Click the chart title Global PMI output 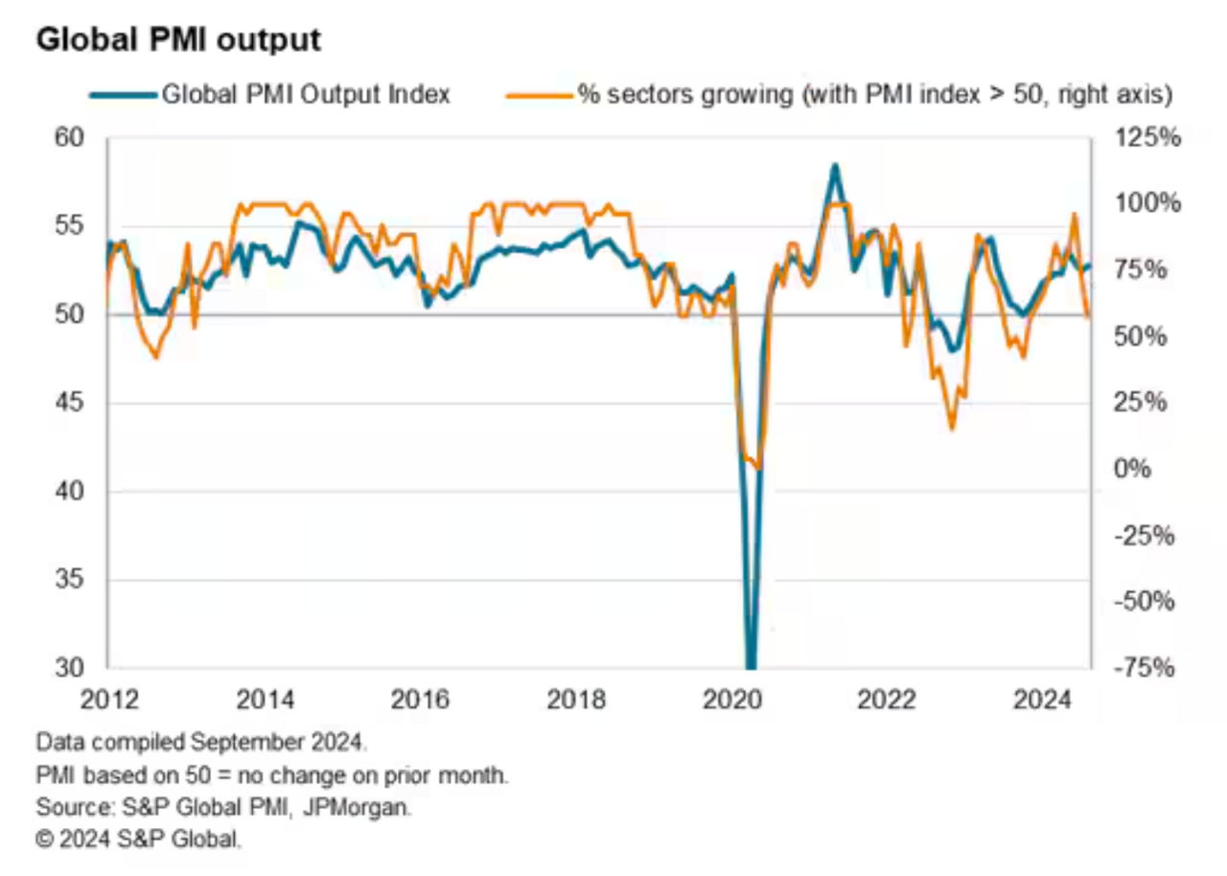[x=177, y=40]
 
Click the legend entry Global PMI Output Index [x=305, y=94]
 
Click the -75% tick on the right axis [x=1144, y=669]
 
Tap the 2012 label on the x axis [x=108, y=701]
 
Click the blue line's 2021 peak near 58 [x=835, y=166]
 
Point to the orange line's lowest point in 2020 [x=759, y=468]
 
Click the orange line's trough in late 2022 [x=952, y=427]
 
